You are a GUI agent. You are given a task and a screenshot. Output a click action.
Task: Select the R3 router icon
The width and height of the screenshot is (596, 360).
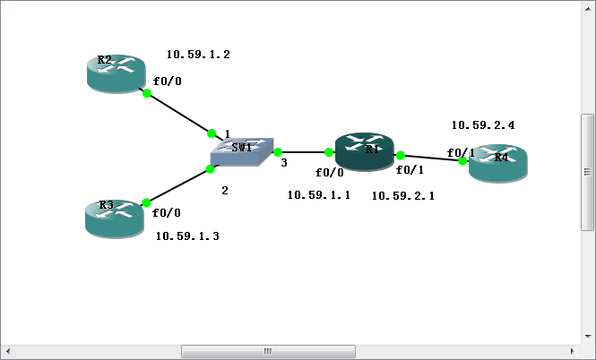coord(114,218)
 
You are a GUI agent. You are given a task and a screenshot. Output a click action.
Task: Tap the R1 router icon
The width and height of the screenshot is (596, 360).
coord(364,150)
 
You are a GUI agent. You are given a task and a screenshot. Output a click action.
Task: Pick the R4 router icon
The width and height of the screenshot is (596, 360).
coord(499,164)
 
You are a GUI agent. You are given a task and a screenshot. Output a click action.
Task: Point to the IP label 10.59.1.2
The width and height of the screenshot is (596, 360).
coord(198,55)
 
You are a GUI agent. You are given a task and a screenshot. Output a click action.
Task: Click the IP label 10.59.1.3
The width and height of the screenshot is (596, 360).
coord(187,236)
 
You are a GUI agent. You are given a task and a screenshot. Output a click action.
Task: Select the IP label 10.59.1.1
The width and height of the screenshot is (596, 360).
coord(318,194)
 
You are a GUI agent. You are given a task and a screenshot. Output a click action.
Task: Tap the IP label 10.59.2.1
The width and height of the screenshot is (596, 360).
coord(402,195)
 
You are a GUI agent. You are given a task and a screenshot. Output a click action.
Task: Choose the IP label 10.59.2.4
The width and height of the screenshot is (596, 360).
coord(482,125)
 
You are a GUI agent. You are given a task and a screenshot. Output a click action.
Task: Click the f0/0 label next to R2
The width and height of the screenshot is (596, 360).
coord(168,81)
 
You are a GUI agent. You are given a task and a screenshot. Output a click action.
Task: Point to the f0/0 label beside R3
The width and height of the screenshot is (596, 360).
coord(167,213)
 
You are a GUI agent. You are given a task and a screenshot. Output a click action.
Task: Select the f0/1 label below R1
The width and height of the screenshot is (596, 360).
coord(410,170)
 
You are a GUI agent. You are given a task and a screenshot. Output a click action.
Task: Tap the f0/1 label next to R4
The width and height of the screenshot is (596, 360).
coord(461,152)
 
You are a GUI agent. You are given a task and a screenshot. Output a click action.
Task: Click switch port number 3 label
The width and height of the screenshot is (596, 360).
coord(284,163)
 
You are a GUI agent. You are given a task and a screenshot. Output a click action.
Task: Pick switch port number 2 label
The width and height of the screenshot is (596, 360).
coord(225,191)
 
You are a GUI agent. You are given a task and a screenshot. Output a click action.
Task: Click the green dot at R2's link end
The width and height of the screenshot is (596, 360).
coord(147,93)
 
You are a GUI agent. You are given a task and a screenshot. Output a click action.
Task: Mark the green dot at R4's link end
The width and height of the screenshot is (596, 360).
coord(462,161)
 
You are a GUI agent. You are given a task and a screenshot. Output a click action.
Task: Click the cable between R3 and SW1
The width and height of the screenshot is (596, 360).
coord(177,185)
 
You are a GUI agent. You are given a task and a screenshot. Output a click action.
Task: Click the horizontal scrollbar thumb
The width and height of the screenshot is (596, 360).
coord(267,351)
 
